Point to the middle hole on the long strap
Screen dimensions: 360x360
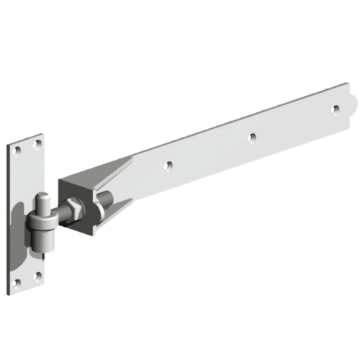pyautogui.click(x=251, y=136)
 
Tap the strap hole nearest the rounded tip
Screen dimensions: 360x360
pyautogui.click(x=336, y=109)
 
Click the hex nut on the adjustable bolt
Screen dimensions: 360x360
pyautogui.click(x=72, y=212)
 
